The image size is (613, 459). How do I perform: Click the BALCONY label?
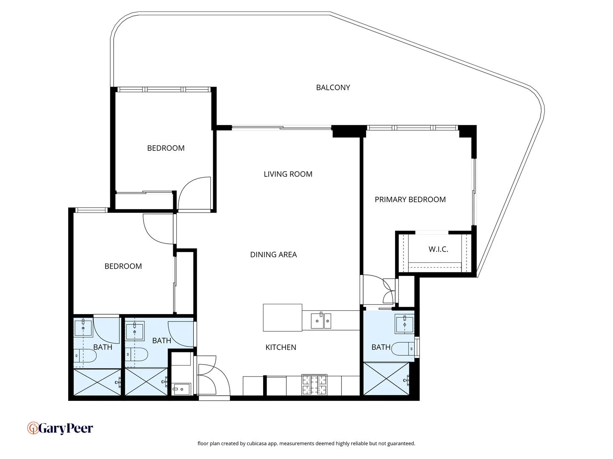[333, 88]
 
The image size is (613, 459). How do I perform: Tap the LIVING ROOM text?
[288, 174]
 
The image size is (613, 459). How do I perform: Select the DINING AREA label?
[273, 255]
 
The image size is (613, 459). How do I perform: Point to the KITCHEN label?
[281, 347]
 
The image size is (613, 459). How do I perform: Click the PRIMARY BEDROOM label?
[410, 200]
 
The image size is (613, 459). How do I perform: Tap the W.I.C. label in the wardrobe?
[438, 249]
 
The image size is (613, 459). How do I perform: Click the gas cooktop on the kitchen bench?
[314, 385]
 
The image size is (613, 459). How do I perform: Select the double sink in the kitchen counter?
[321, 321]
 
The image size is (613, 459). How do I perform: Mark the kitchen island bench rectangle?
[282, 317]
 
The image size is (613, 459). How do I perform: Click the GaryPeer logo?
[60, 428]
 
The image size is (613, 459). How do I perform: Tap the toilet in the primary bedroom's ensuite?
[403, 349]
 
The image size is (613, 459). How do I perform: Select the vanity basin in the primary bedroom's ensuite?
[404, 324]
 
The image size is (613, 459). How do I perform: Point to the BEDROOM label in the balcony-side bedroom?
[166, 148]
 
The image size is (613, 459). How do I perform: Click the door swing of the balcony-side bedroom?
[195, 193]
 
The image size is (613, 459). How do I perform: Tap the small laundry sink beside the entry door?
[181, 388]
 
